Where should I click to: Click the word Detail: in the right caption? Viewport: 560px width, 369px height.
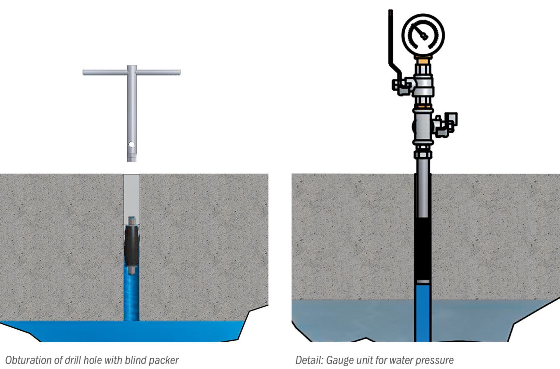[x=309, y=360]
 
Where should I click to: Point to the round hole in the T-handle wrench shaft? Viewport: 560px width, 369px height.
[x=131, y=144]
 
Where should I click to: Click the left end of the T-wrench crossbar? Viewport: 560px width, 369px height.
[x=84, y=72]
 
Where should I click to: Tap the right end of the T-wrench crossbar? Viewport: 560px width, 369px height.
[x=180, y=72]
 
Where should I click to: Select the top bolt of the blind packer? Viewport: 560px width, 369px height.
[x=132, y=221]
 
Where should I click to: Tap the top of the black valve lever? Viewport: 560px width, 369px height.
[x=391, y=11]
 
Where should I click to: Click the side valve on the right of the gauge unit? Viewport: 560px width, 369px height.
[x=446, y=125]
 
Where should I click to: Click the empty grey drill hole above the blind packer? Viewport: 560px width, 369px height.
[x=132, y=195]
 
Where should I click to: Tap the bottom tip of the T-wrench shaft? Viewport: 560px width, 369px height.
[x=132, y=161]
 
